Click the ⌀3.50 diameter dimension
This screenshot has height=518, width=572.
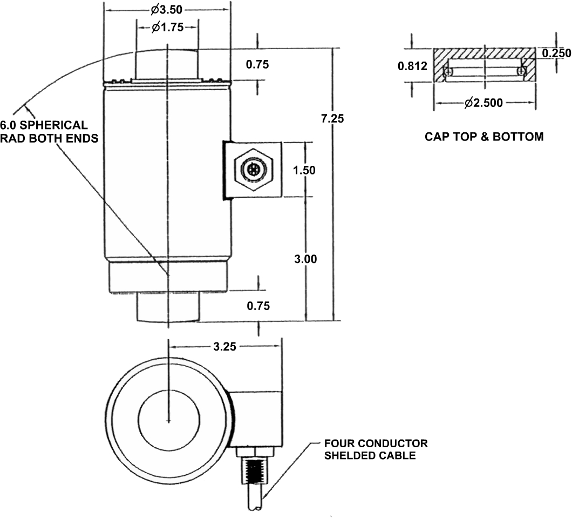pos(167,9)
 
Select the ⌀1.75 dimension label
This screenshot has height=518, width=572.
pos(167,28)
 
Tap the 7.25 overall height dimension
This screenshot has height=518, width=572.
pos(332,119)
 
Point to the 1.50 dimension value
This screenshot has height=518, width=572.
pos(304,170)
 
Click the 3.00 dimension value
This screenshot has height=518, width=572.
pos(306,259)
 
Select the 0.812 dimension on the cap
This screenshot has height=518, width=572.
pos(413,66)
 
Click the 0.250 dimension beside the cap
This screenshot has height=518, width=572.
pos(556,53)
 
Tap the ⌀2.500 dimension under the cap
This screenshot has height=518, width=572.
pos(485,103)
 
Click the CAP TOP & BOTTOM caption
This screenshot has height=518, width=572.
pos(484,136)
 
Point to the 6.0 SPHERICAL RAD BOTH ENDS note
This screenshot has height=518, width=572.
pos(49,132)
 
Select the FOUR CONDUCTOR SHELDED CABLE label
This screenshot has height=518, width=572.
pos(376,449)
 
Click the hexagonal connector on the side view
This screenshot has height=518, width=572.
pos(253,170)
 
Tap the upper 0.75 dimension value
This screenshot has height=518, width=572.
pos(257,65)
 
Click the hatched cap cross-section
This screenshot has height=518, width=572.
pos(485,55)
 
